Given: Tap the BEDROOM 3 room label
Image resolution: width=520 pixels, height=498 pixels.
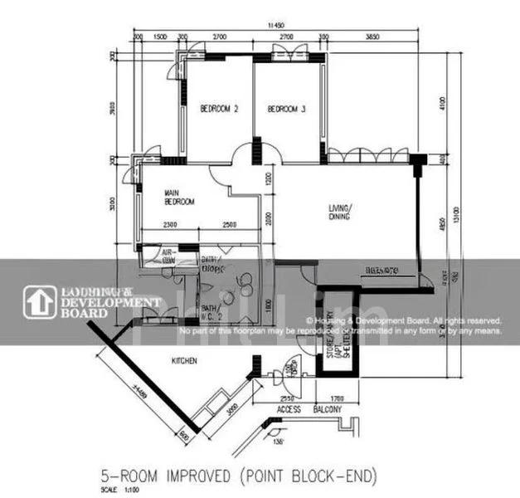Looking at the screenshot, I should (x=287, y=109).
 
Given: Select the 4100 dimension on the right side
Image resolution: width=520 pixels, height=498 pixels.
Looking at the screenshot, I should (x=444, y=103).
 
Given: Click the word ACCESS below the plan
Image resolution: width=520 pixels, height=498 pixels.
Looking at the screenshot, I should (x=289, y=410).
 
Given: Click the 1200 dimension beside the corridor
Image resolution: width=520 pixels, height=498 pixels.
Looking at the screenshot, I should (x=268, y=179).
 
